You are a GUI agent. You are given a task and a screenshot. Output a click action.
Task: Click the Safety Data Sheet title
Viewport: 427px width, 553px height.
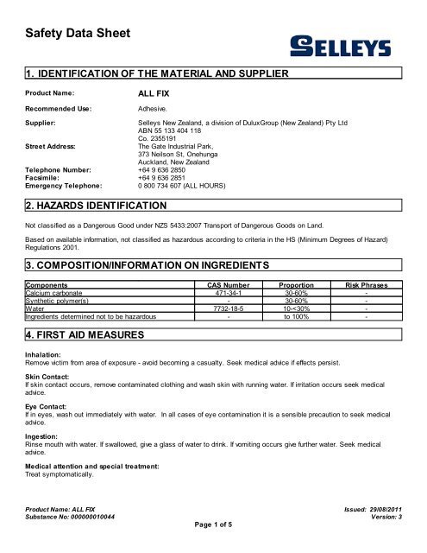tap(72, 35)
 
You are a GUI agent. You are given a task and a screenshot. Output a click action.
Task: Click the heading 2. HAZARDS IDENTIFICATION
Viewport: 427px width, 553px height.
tap(98, 207)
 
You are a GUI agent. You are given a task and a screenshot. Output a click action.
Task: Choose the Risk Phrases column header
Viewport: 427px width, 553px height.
tap(367, 283)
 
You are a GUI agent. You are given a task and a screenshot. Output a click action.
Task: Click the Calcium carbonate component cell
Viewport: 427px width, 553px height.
tap(57, 291)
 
